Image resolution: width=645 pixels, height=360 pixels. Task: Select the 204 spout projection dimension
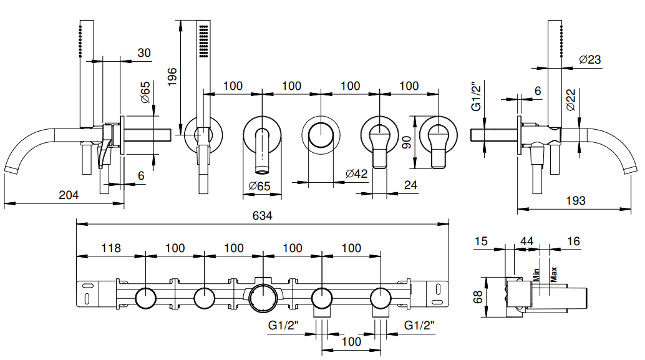[69, 195]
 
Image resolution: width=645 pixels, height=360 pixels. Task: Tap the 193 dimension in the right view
[575, 200]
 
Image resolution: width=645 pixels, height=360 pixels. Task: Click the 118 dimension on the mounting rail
[110, 248]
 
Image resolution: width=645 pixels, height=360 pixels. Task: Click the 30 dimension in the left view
[144, 53]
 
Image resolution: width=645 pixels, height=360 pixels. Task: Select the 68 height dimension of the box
[478, 296]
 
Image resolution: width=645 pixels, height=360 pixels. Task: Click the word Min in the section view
[535, 274]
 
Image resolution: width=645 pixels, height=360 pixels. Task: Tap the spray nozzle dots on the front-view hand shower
[203, 43]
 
